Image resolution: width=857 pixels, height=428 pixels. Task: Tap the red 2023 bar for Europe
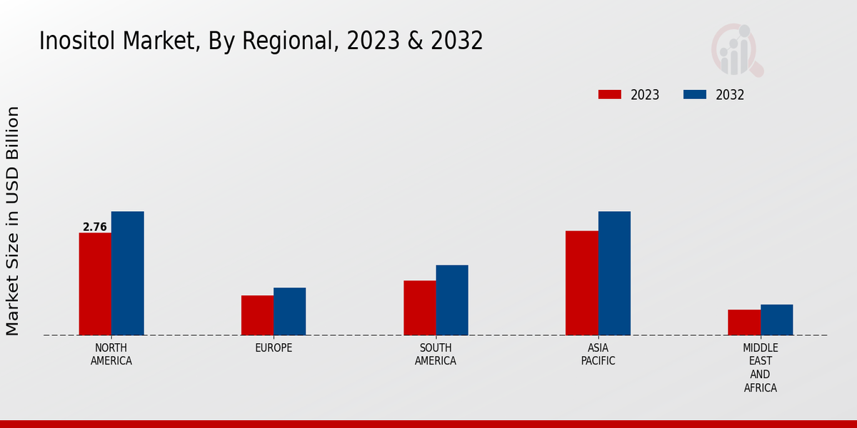coord(257,315)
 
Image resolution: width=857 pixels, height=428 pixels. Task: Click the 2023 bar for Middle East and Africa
coord(744,322)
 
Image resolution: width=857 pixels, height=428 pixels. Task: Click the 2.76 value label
coord(95,227)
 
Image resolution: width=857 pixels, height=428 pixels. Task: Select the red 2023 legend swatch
coord(610,95)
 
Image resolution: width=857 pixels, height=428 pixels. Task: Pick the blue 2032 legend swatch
coord(695,95)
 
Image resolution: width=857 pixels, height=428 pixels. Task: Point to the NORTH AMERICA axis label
coord(111,355)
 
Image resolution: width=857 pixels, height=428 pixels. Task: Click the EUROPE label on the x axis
coord(274,348)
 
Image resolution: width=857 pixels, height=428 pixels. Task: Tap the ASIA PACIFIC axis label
coord(598,355)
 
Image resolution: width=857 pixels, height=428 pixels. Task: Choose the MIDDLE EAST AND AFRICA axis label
coord(760,368)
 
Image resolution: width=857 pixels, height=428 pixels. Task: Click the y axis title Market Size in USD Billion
coord(13,221)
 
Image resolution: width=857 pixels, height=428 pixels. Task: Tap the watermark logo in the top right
coord(736,50)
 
